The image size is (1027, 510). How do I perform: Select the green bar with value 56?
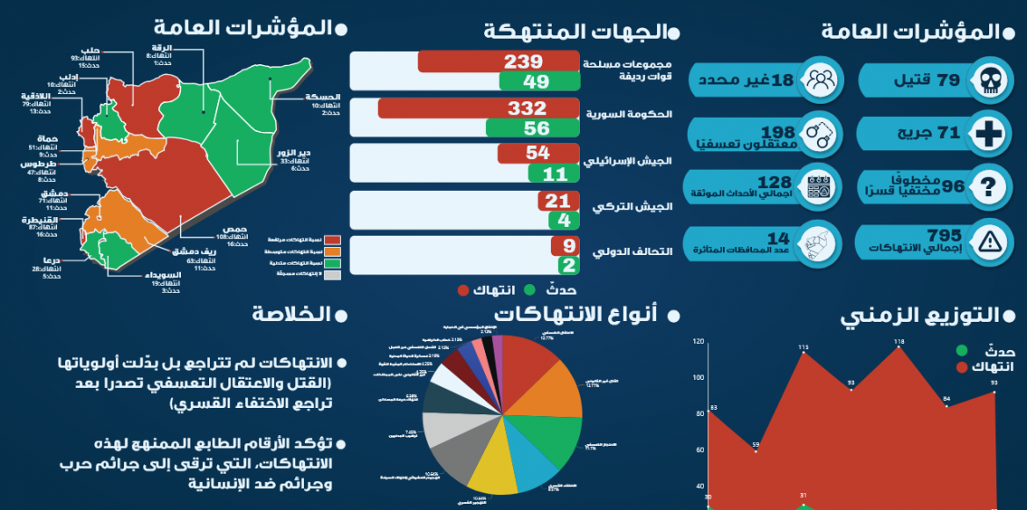tap(537, 127)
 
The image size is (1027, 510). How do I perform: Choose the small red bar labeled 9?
tap(564, 246)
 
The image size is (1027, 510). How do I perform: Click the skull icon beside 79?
tap(990, 81)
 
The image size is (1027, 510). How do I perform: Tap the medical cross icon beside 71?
tap(990, 134)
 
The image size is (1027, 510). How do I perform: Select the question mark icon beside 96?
tap(990, 186)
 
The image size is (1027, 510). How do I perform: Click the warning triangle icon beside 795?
tap(990, 239)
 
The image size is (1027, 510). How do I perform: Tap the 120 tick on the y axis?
tap(698, 341)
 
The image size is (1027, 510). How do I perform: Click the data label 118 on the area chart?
tap(899, 341)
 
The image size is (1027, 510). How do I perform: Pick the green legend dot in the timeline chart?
tap(964, 351)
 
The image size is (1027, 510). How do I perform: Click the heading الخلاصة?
tap(292, 314)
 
